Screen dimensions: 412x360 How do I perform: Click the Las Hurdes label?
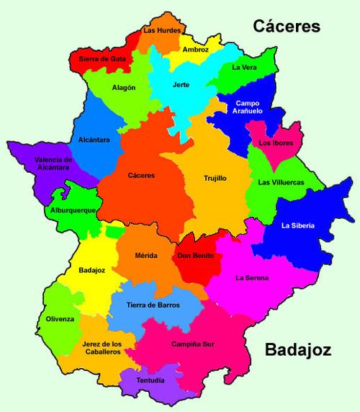tap(160, 30)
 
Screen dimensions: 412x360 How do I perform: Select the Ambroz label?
tap(195, 50)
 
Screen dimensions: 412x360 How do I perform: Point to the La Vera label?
tap(244, 68)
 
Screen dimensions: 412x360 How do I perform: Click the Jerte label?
tap(181, 84)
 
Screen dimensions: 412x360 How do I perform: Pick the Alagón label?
tap(124, 87)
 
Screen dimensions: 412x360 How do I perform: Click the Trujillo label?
tap(215, 177)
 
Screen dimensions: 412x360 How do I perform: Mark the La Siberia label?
tap(298, 225)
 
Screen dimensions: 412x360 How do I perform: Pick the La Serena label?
tap(251, 277)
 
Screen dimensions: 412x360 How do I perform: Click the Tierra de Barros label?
tap(153, 305)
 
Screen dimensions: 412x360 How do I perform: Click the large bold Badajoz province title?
tap(297, 351)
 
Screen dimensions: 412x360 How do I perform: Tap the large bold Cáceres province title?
tap(286, 27)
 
